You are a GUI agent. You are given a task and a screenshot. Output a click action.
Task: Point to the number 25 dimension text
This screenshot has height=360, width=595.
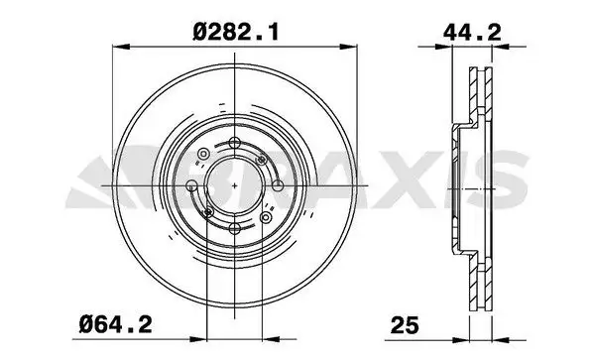(404, 322)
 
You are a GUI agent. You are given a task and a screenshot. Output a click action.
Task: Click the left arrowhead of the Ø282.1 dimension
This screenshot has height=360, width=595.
(116, 46)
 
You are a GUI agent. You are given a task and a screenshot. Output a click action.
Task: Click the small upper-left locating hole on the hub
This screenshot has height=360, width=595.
(203, 154)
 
